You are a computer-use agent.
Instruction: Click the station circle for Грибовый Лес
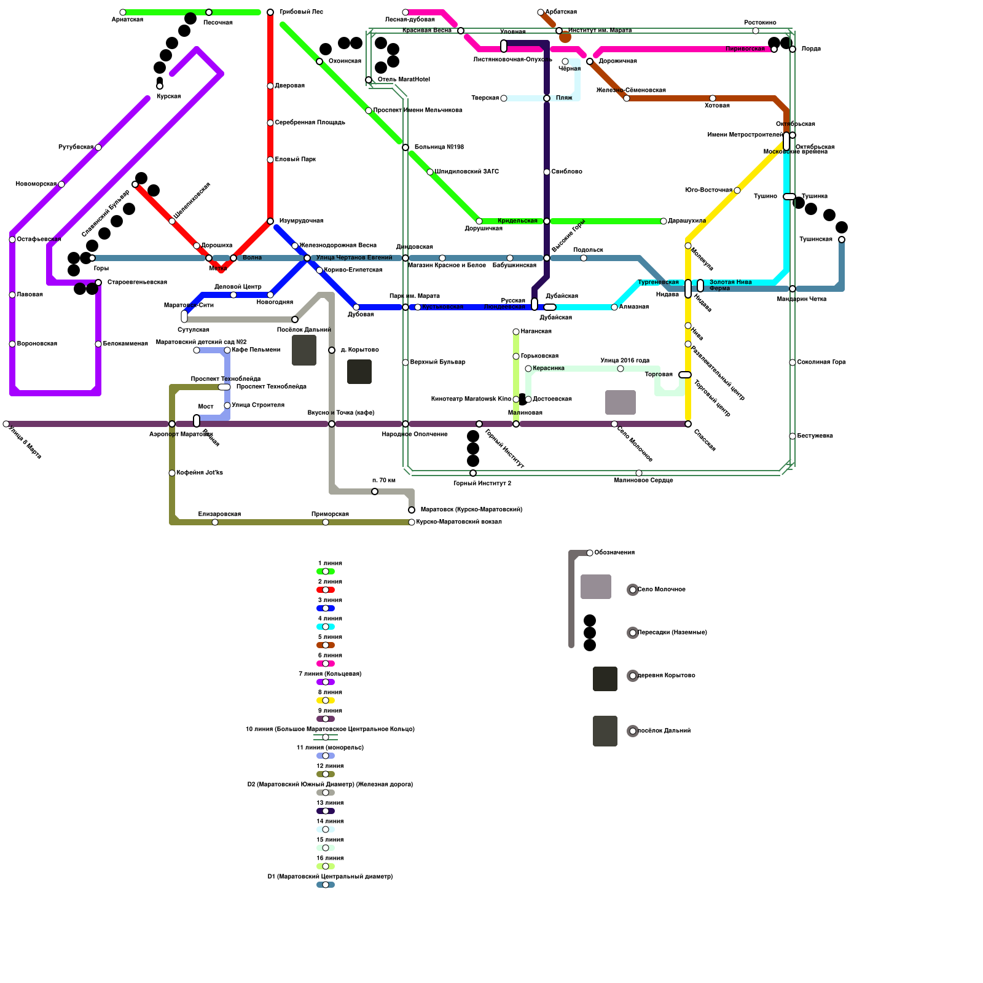270,12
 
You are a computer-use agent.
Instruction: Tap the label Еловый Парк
296,160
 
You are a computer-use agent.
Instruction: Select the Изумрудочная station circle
270,221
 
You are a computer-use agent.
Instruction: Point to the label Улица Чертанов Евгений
354,258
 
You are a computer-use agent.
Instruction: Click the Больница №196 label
439,147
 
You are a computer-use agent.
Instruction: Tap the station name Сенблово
566,172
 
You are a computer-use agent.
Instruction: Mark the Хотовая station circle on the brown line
713,98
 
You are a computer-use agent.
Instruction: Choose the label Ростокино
760,23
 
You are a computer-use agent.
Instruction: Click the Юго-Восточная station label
708,190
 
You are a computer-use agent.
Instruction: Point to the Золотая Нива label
730,282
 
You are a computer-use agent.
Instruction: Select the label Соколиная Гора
821,362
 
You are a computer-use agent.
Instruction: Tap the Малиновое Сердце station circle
639,473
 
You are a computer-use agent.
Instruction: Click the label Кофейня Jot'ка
200,473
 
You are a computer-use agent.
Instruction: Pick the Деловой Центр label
238,287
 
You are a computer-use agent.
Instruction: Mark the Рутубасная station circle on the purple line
98,147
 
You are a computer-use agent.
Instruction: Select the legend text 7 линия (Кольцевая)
330,674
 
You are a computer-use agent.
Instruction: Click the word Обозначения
614,553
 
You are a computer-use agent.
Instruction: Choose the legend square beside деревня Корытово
605,679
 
